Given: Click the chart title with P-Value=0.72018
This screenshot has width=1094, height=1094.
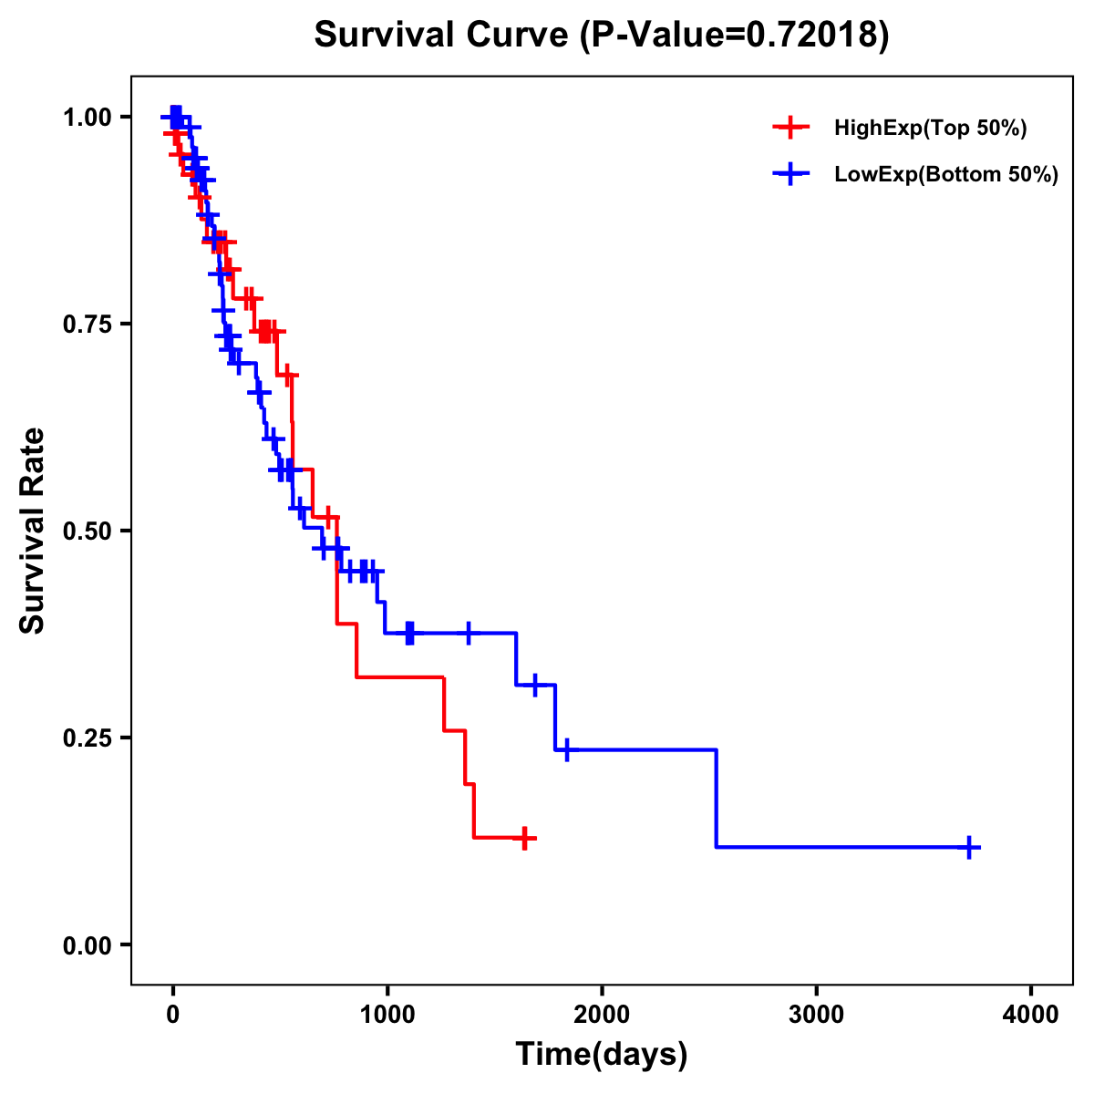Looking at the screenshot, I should (601, 36).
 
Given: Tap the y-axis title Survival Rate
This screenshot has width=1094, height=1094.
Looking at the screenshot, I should (33, 530).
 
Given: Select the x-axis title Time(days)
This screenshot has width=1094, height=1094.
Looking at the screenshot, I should (602, 1055).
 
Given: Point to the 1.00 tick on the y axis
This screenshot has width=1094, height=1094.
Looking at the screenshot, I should (88, 117).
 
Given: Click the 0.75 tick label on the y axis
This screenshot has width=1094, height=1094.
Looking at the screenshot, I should (88, 324).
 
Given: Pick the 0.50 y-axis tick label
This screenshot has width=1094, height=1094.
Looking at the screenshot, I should (88, 531).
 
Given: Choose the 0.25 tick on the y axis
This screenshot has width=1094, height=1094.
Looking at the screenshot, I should (88, 738).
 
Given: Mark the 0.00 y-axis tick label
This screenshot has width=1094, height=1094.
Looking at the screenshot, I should (88, 944).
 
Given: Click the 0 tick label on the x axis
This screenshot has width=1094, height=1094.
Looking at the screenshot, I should (172, 1015).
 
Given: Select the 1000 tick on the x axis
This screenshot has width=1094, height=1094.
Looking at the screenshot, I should (387, 1015).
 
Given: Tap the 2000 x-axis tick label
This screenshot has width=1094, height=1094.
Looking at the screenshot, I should (602, 1015).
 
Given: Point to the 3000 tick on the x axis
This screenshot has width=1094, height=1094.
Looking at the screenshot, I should (816, 1015).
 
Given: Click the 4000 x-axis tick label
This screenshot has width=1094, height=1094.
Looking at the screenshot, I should (1031, 1015).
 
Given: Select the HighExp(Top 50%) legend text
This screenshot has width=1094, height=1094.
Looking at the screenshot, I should (931, 129).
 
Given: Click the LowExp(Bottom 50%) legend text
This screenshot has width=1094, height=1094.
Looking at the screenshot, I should (946, 175).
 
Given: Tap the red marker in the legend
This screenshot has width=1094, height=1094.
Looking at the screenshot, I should (791, 128).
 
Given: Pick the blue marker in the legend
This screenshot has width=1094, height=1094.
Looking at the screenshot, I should (791, 174).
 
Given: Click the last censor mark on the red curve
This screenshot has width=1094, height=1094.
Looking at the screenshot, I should (524, 838).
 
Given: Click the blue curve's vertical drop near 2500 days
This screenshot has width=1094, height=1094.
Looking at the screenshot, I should (717, 798).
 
